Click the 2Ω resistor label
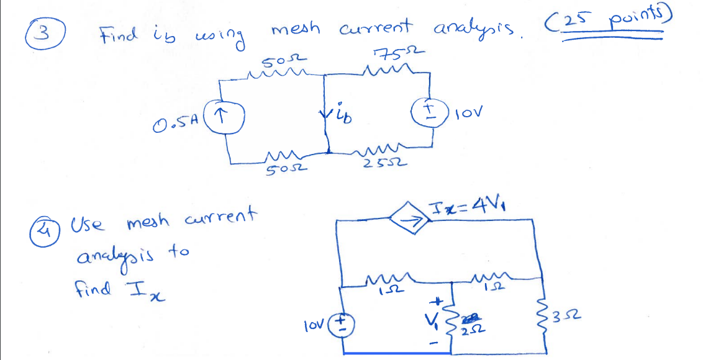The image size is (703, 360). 469,327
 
